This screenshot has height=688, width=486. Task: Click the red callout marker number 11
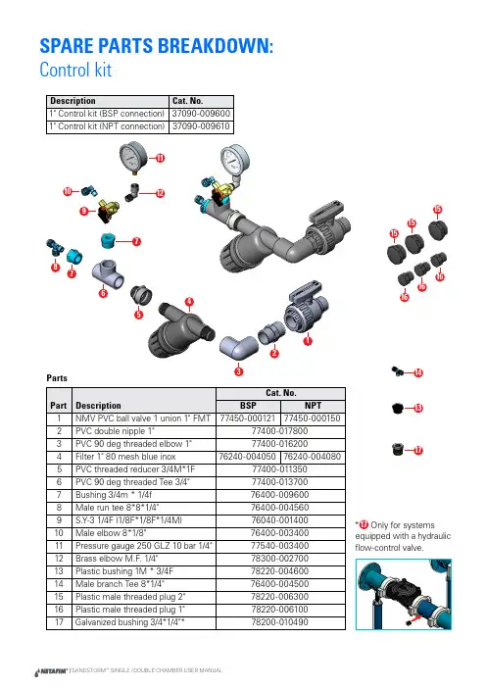coord(161,158)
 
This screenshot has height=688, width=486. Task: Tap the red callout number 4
coord(189,302)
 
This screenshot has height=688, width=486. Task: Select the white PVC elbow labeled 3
coord(239,348)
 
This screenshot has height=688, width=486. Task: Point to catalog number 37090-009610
coord(201,126)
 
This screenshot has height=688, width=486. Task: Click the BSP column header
coord(248,406)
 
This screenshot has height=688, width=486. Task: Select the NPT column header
coord(313,406)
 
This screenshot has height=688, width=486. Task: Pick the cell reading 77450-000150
coord(312,418)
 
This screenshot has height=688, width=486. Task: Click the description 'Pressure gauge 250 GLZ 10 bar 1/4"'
coord(143,546)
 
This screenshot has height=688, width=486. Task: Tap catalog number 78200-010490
coord(280,622)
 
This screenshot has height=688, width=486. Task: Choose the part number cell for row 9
coord(59,520)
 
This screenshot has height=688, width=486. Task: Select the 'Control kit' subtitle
coord(75,70)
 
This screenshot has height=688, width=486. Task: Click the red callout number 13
coord(418,408)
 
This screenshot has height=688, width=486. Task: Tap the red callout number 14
coord(418,373)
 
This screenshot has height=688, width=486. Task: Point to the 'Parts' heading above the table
coord(57,378)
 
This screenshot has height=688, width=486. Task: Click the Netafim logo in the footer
coord(51,671)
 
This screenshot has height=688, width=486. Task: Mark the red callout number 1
coord(308,340)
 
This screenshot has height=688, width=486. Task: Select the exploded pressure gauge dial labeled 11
coord(132,156)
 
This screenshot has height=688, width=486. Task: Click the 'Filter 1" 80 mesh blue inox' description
coord(125,457)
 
